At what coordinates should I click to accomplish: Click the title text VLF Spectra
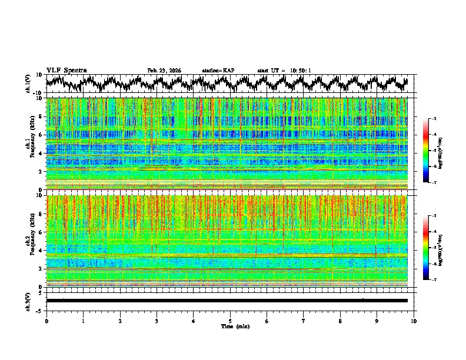click(x=66, y=70)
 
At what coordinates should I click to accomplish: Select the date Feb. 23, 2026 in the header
click(x=164, y=71)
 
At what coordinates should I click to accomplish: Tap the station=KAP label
click(x=218, y=71)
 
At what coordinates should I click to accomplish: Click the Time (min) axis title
click(x=230, y=326)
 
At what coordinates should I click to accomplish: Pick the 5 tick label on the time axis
click(x=230, y=321)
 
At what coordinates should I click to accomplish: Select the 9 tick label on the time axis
click(x=377, y=321)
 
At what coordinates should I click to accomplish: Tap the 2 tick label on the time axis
click(x=120, y=321)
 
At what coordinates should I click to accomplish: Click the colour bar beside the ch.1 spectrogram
click(x=426, y=150)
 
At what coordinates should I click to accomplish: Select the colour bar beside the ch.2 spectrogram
click(x=426, y=248)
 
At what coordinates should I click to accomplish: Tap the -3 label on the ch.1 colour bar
click(x=434, y=119)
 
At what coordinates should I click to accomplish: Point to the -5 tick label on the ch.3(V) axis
click(x=39, y=309)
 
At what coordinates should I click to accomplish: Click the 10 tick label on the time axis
click(x=414, y=321)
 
